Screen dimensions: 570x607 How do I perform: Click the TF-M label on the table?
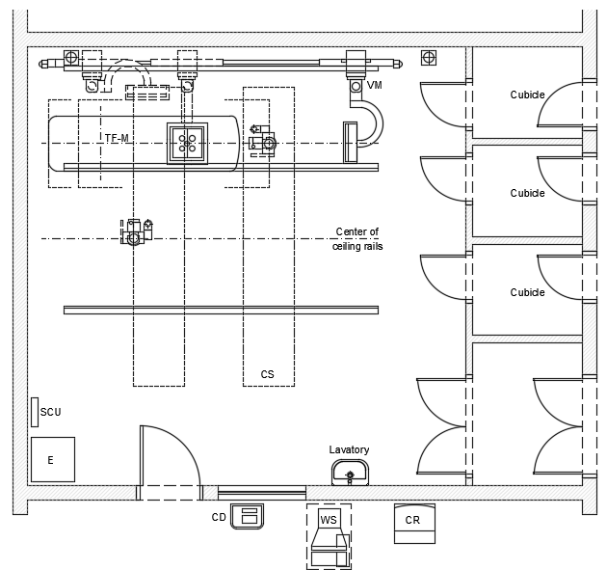coord(117,139)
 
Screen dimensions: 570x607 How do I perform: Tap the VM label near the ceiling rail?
coord(375,86)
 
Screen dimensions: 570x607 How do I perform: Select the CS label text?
coord(267,374)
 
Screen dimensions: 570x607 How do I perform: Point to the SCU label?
coord(51,413)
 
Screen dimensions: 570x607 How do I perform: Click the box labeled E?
coord(52,459)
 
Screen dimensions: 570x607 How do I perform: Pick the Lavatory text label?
coord(349,449)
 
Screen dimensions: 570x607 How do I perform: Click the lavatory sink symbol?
coord(349,472)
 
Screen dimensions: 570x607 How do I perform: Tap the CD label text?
coord(219,517)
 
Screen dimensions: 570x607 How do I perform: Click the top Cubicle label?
coord(527,95)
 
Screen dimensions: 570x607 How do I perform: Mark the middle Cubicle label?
coord(527,193)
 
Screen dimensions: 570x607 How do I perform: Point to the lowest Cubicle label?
coord(527,292)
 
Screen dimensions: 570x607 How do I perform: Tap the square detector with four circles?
coord(187,144)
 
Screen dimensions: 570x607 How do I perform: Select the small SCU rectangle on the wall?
coord(34,413)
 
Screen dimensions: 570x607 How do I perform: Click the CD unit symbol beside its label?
coord(250,515)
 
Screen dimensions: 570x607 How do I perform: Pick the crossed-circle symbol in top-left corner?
coord(69,57)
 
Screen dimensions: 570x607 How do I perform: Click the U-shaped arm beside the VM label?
coord(371,121)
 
